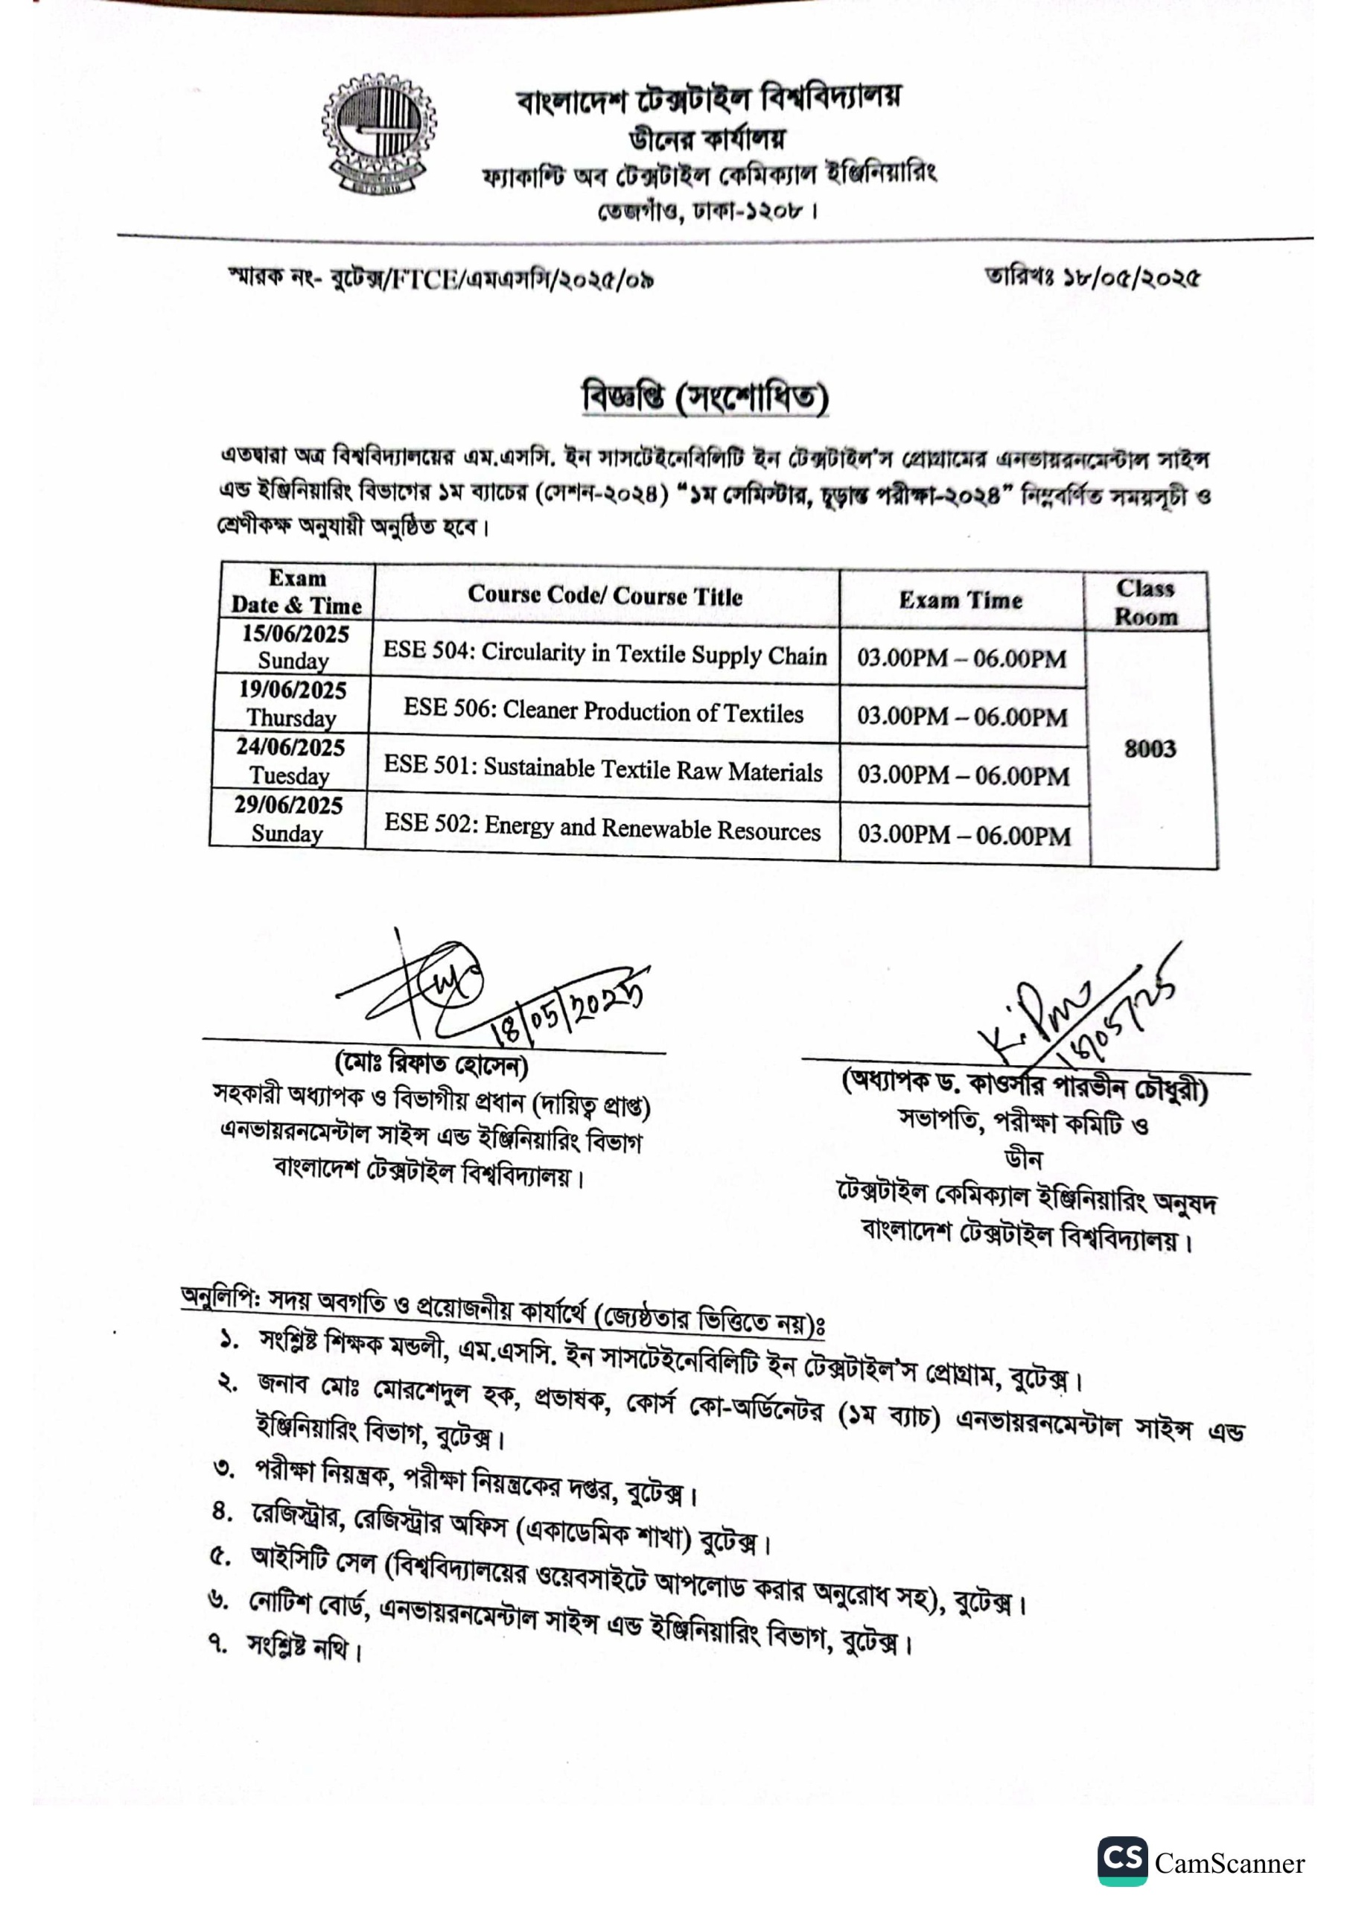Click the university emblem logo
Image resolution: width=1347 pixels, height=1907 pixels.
379,135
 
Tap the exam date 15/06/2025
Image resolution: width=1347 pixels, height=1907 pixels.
296,635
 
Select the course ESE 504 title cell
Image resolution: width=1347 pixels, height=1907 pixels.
605,653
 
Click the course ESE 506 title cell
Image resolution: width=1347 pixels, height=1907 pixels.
604,712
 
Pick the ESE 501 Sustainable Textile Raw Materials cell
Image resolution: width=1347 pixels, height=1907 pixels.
603,769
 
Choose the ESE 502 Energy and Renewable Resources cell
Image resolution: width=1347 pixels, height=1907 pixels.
602,828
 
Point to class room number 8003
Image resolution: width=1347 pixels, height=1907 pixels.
1150,749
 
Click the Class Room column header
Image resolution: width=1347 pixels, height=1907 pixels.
1146,602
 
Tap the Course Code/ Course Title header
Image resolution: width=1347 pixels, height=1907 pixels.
605,595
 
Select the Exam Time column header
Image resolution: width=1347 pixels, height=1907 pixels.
960,600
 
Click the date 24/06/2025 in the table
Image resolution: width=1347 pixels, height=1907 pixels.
290,747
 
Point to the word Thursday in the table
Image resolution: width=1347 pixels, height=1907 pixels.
291,717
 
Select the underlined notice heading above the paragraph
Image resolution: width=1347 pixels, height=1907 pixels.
705,399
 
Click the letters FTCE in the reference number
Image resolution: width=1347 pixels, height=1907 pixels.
424,279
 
